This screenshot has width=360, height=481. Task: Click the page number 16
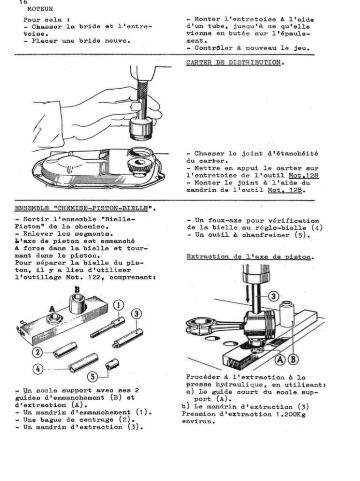coord(23,2)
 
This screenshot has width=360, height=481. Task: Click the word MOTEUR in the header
coord(40,9)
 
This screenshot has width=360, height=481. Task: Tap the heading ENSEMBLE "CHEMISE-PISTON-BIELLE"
coord(85,207)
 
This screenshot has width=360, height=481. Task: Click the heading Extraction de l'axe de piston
coord(250,256)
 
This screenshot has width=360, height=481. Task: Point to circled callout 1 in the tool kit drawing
coord(120,305)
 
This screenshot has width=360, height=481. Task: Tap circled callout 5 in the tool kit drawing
coord(93,376)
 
